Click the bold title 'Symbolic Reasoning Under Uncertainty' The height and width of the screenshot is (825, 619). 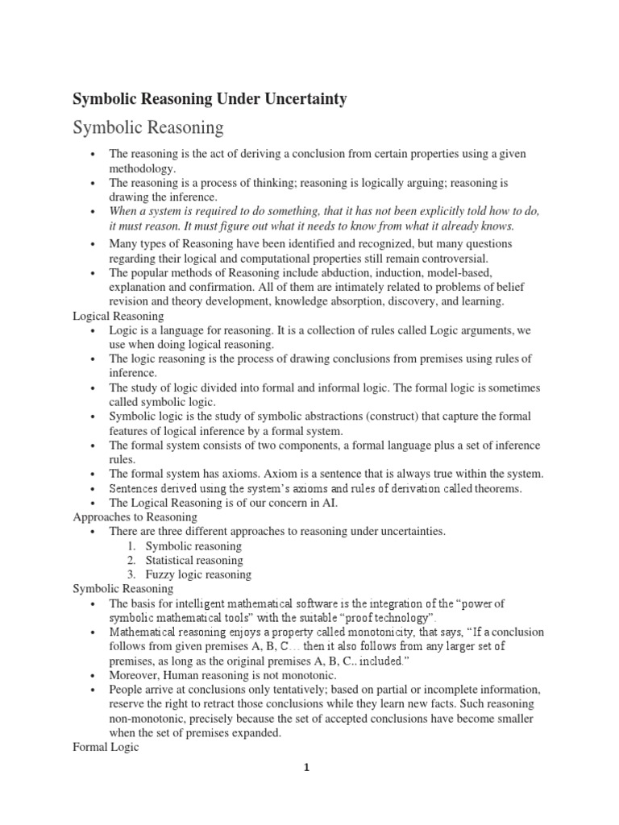coord(210,98)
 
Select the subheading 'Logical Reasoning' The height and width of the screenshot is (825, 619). coord(118,316)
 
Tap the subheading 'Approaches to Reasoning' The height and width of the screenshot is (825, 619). coord(135,516)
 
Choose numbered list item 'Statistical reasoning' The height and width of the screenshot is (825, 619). coord(193,560)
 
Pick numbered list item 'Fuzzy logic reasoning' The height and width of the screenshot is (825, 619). coord(198,574)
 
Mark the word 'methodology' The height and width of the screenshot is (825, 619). coord(141,168)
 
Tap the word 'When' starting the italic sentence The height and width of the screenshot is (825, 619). coord(125,211)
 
